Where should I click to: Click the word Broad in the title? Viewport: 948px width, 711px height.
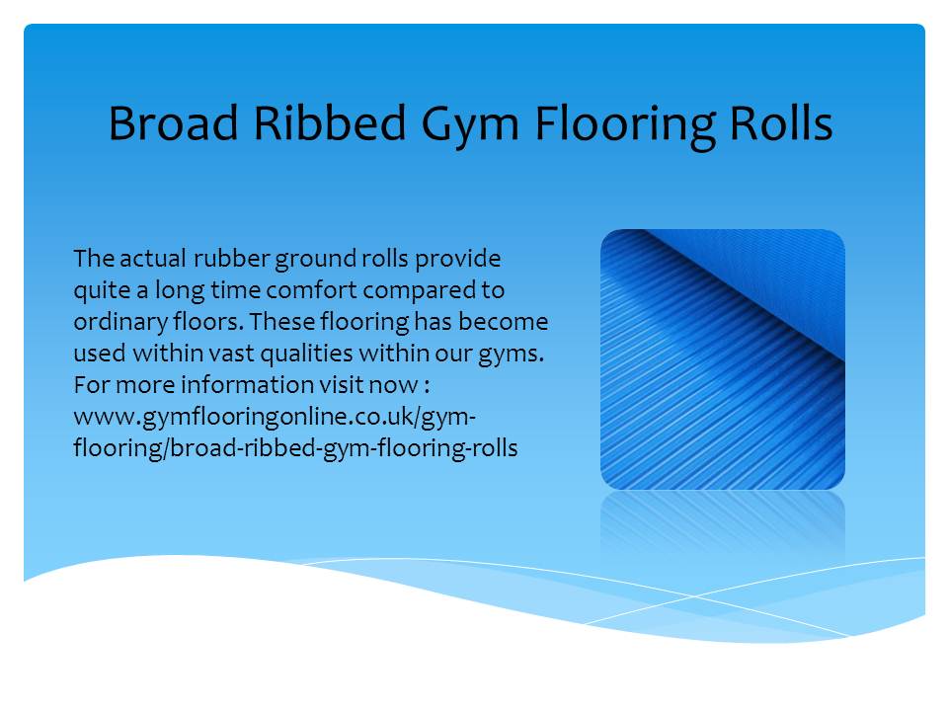click(174, 123)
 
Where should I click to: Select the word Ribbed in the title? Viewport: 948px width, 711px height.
click(330, 123)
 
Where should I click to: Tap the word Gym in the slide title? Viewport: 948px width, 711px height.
click(470, 128)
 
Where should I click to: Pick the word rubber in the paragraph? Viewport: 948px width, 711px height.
click(231, 258)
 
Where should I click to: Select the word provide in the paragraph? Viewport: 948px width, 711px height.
click(457, 260)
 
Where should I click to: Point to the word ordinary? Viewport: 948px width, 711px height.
click(120, 323)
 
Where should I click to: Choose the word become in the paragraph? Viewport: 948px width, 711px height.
click(503, 322)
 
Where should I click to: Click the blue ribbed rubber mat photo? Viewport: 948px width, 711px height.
click(723, 359)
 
